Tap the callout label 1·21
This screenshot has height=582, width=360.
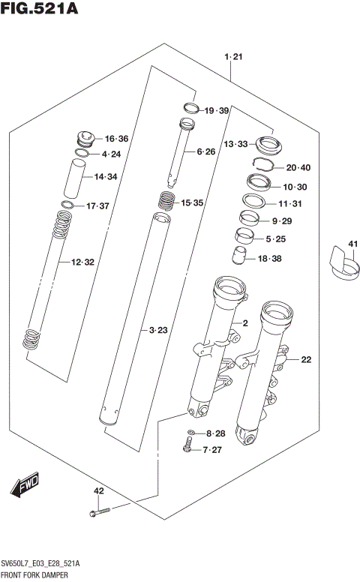233,57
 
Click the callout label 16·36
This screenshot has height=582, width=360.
116,139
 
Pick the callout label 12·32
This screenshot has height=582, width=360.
82,262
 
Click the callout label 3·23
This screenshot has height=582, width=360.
157,330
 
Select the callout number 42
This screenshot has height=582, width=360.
97,491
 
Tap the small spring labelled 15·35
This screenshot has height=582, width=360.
166,201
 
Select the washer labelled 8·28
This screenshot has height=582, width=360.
192,433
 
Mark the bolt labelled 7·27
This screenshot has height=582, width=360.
187,449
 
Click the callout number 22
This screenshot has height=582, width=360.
305,360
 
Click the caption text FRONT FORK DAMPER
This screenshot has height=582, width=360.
38,574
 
